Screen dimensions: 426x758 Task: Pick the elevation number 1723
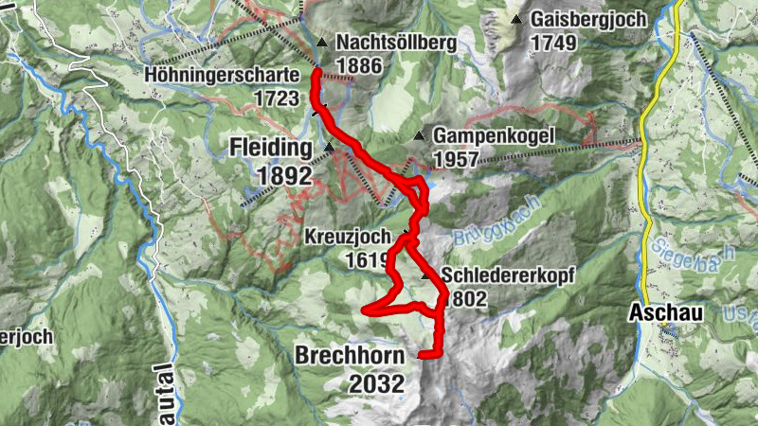(x=276, y=97)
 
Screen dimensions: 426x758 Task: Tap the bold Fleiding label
(x=270, y=149)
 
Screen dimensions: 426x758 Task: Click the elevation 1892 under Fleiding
(x=282, y=175)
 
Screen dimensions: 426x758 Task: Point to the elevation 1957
(x=456, y=159)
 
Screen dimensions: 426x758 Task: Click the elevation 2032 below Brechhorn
(x=376, y=383)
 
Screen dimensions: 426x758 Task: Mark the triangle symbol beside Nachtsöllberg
(x=322, y=43)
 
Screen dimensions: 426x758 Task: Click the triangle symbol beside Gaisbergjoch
(x=516, y=19)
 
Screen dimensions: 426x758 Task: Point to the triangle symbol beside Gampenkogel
(x=418, y=136)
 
